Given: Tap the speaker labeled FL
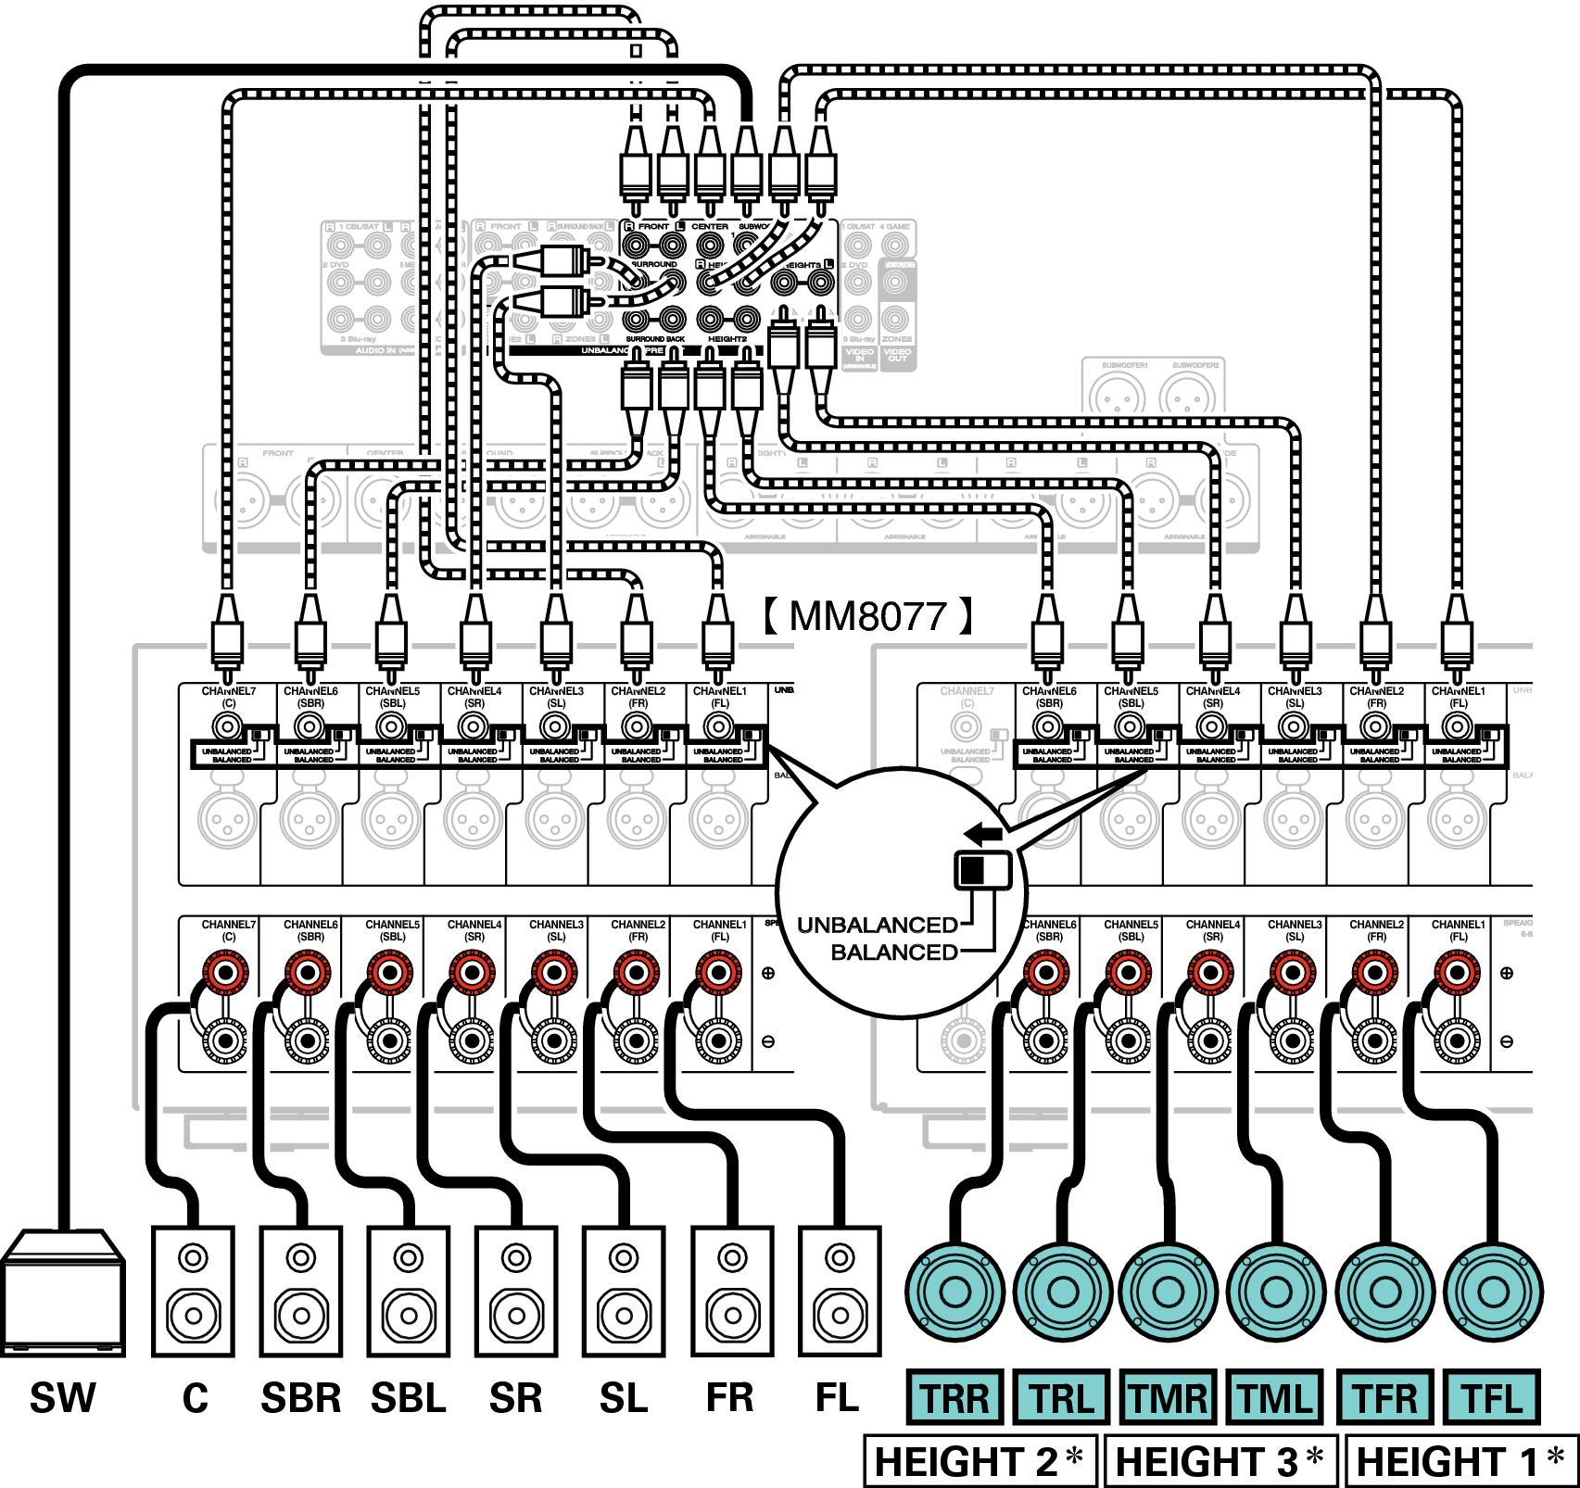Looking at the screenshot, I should pyautogui.click(x=840, y=1291).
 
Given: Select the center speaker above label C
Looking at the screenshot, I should pyautogui.click(x=193, y=1291).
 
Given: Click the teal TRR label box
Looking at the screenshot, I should pyautogui.click(x=954, y=1398).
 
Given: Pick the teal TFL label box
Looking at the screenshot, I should pyautogui.click(x=1492, y=1398).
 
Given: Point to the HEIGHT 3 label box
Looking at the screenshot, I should pyautogui.click(x=1221, y=1462).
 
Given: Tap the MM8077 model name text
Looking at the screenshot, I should pyautogui.click(x=868, y=616).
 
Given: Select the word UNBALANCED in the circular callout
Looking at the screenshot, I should pyautogui.click(x=878, y=925).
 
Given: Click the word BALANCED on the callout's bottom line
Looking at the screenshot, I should pyautogui.click(x=894, y=952).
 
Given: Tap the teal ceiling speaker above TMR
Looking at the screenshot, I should pyautogui.click(x=1169, y=1292).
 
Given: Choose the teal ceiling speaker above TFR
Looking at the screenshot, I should pyautogui.click(x=1385, y=1292).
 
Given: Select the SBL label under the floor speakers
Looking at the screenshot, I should pyautogui.click(x=409, y=1398).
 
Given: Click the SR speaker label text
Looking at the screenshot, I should pyautogui.click(x=516, y=1398).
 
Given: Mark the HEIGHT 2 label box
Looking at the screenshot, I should pyautogui.click(x=980, y=1462).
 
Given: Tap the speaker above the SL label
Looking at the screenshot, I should pyautogui.click(x=624, y=1291).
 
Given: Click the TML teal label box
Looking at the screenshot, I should pyautogui.click(x=1276, y=1398).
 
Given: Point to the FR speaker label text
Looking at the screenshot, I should pyautogui.click(x=730, y=1398).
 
